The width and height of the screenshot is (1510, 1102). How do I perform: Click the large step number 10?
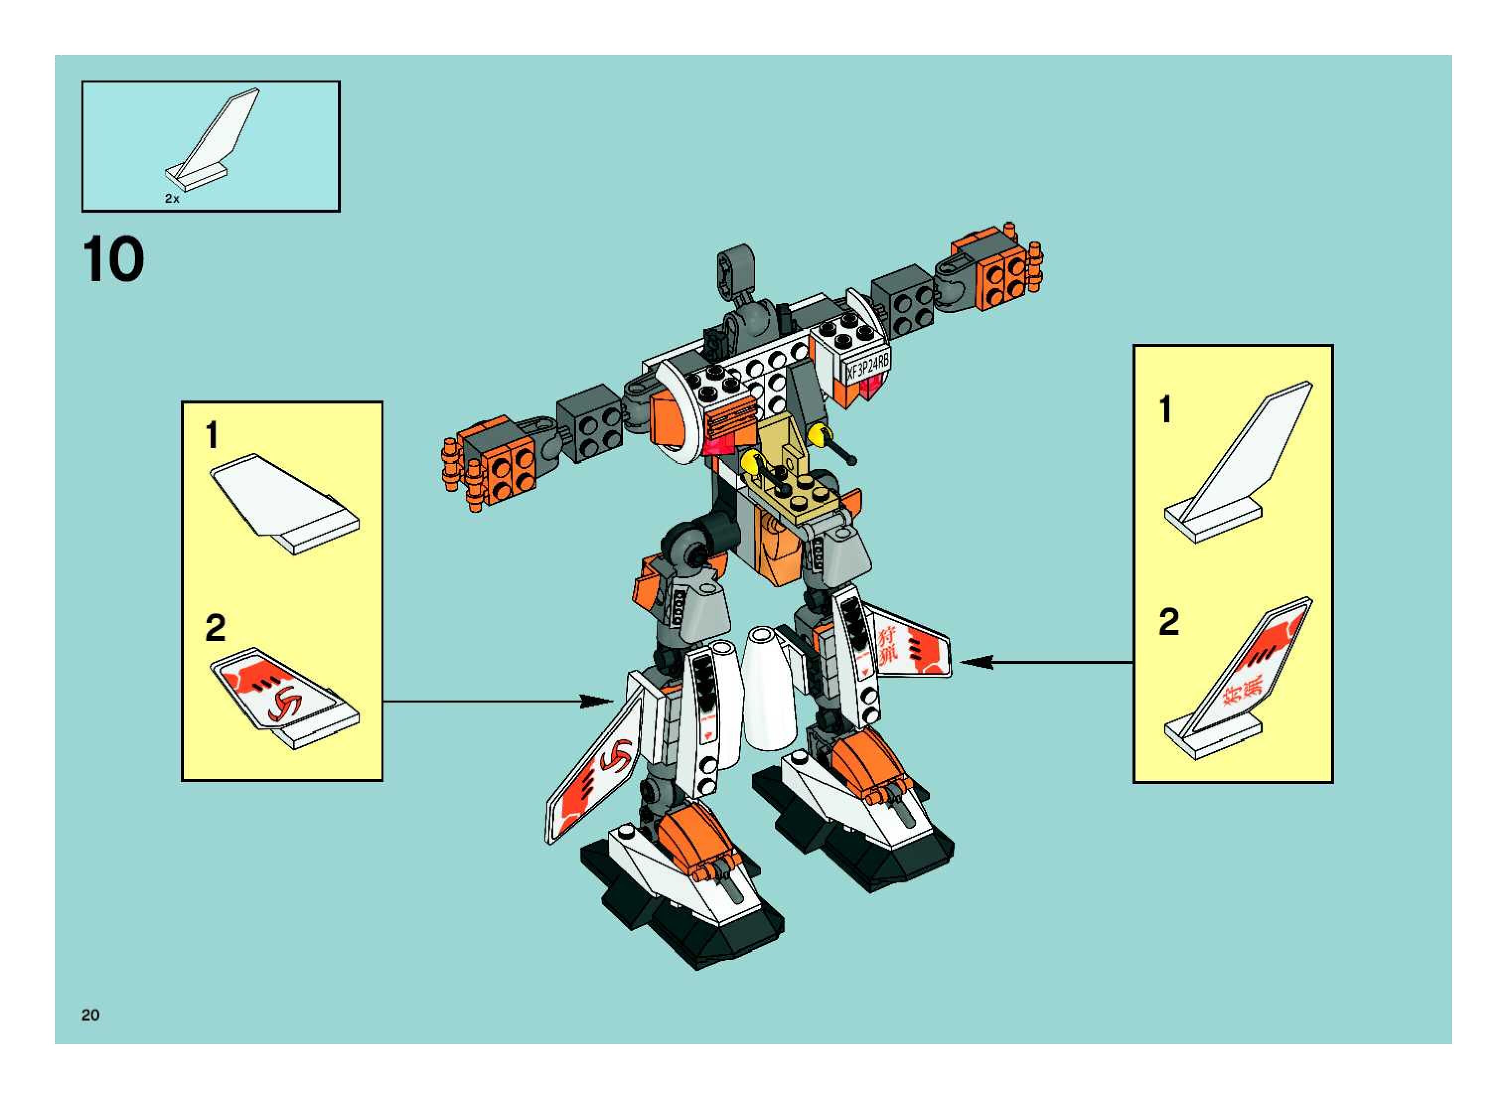tap(113, 260)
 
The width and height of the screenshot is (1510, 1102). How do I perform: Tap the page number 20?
tap(91, 1015)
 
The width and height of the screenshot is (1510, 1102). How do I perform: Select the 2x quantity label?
tap(172, 198)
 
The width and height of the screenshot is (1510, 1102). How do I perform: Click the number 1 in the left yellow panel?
tap(212, 436)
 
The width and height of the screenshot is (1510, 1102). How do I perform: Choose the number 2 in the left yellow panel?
tap(215, 628)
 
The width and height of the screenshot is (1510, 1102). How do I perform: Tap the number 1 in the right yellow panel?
tap(1165, 409)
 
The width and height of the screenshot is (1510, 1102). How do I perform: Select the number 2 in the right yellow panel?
tap(1169, 622)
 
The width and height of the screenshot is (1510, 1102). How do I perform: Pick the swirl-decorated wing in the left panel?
tap(284, 697)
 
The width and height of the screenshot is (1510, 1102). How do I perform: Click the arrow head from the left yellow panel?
tap(597, 701)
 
